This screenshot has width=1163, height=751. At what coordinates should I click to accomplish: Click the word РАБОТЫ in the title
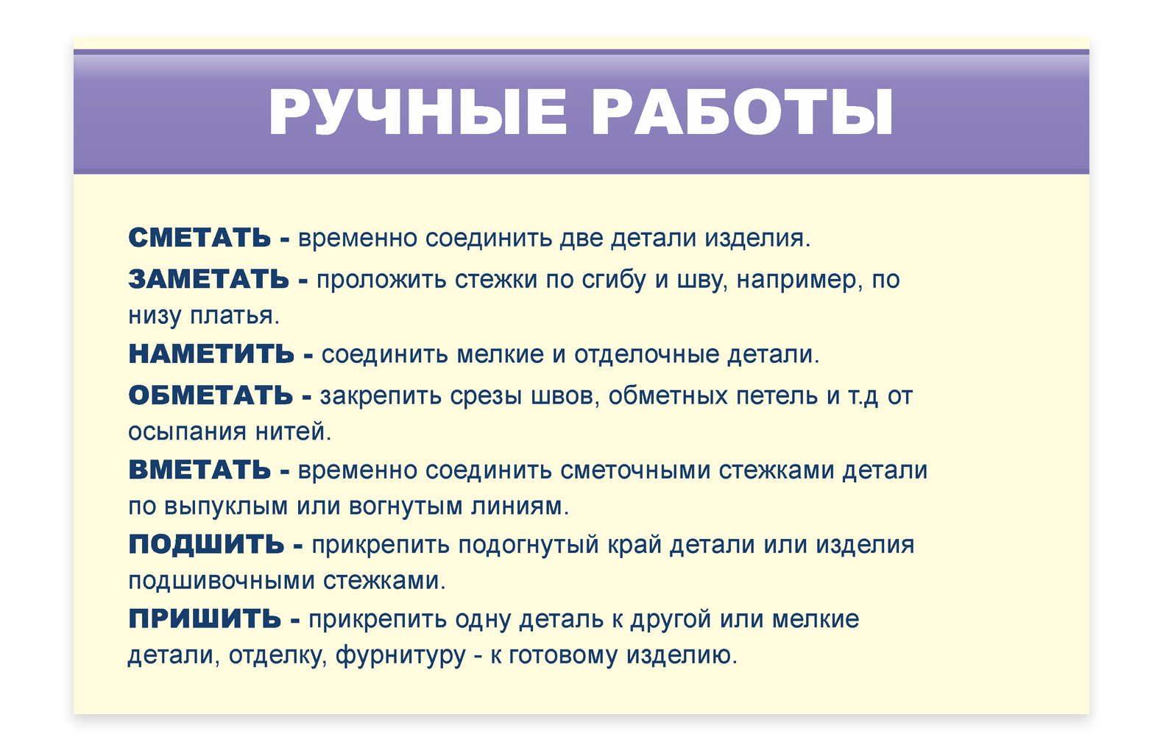point(743,112)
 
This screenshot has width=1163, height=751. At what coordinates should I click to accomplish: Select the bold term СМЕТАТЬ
point(200,238)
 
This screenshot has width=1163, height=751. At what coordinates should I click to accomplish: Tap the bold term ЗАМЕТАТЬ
point(209,279)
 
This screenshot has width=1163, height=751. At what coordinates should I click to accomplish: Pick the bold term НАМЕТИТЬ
point(211,353)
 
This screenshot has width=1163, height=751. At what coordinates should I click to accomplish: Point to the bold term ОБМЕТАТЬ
point(211,395)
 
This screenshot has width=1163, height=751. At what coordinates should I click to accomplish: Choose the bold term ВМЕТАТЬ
point(200,470)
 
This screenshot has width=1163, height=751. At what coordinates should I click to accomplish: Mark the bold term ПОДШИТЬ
point(207,544)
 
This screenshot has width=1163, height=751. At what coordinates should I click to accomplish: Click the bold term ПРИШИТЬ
point(205,618)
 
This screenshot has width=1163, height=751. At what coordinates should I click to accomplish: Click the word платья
point(235,315)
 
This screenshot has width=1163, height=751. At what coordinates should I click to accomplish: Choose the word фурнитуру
point(401,656)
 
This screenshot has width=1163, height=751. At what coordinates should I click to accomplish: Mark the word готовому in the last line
point(563,656)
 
